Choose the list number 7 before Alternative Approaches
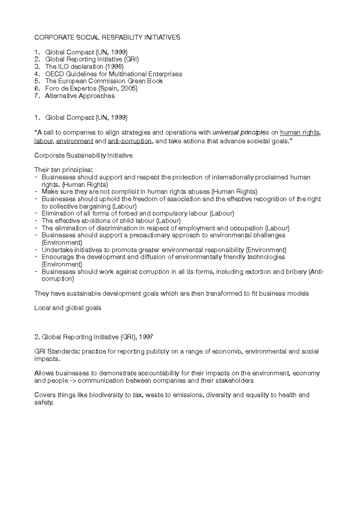pos(37,96)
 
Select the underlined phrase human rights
pos(299,132)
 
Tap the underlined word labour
pos(43,141)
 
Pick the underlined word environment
pos(75,141)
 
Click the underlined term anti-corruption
pos(130,141)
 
